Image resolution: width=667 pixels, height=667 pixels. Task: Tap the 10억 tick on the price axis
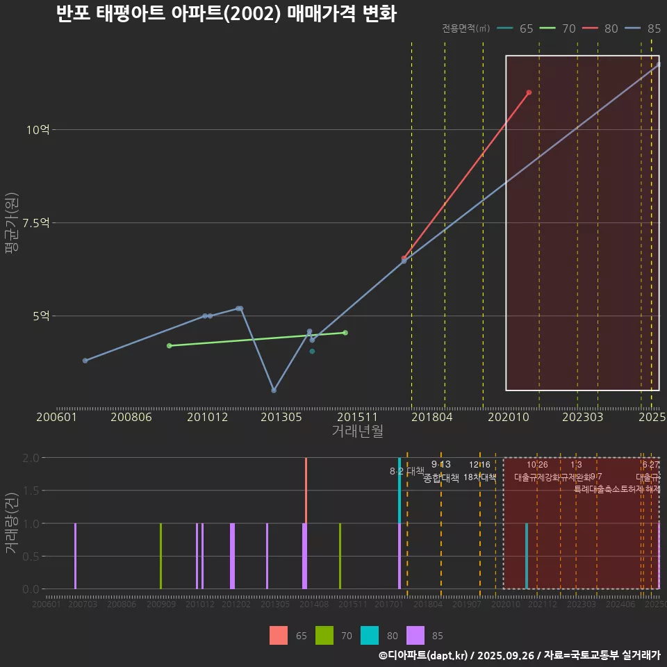click(38, 130)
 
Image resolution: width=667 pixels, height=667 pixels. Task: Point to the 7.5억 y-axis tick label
click(35, 223)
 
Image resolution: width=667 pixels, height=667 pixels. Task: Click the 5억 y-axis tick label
click(41, 316)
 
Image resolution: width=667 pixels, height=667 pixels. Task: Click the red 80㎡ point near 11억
click(529, 92)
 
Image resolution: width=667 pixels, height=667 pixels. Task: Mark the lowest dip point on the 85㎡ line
click(274, 390)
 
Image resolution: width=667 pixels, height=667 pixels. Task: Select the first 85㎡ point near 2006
click(85, 361)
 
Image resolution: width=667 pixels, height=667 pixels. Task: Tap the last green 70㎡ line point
click(345, 333)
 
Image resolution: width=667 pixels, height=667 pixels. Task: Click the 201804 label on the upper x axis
click(431, 418)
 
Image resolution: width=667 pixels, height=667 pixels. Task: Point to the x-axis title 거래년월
click(357, 431)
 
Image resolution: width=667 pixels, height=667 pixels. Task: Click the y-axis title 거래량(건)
click(11, 522)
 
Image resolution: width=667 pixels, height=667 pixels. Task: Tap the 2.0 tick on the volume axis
click(31, 458)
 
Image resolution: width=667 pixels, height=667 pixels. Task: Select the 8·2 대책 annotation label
click(406, 471)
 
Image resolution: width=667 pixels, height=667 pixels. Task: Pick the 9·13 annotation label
click(440, 464)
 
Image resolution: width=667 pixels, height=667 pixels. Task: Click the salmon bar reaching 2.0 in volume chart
click(306, 490)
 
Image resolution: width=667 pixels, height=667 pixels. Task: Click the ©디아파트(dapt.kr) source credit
click(425, 655)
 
